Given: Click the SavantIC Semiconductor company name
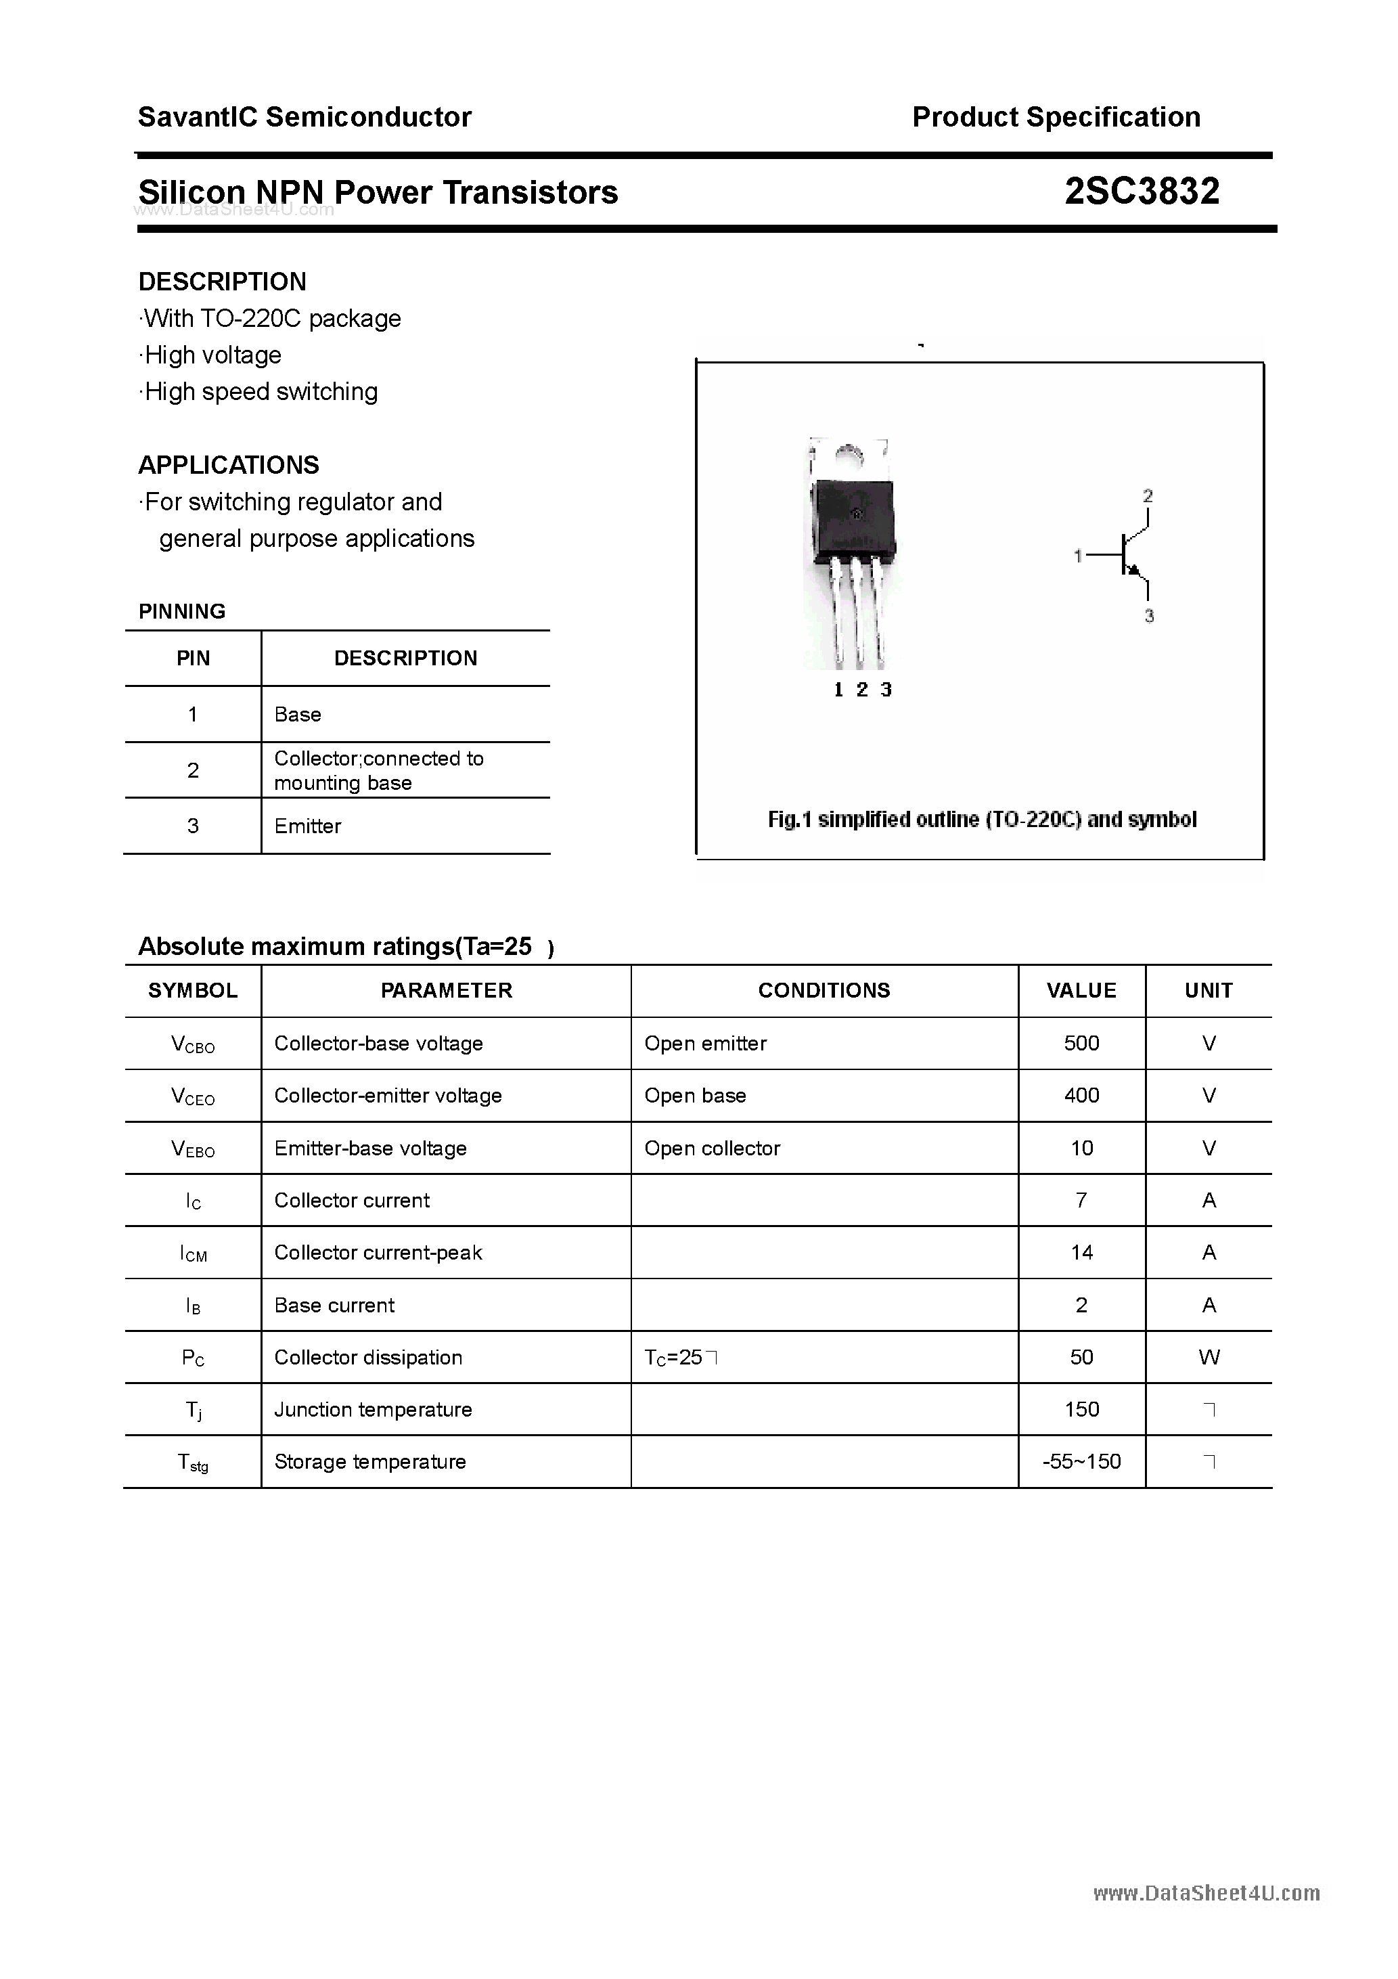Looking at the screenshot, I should [305, 117].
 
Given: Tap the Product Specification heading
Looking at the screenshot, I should [1056, 117].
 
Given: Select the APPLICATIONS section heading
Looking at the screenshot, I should [229, 466].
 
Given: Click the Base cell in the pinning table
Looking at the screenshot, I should [297, 715].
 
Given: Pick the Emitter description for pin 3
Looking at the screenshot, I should [308, 826].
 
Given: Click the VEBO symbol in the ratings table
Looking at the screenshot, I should [193, 1149].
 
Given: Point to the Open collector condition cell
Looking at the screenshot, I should [712, 1149].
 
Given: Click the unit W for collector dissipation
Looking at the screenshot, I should [1209, 1358].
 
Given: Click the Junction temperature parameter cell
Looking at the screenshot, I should [374, 1410].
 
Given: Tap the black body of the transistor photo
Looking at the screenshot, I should [851, 517].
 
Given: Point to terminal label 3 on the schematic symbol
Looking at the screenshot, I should [1149, 617].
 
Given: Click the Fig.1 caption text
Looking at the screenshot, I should [982, 820].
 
